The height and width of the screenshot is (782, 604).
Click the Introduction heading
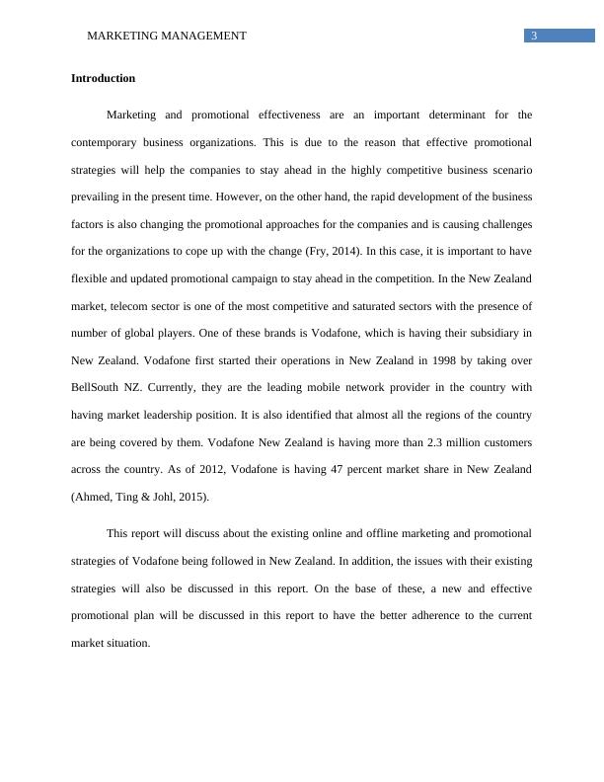[103, 78]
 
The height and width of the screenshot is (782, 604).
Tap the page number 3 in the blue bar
[534, 37]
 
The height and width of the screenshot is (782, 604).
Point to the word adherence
[376, 616]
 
